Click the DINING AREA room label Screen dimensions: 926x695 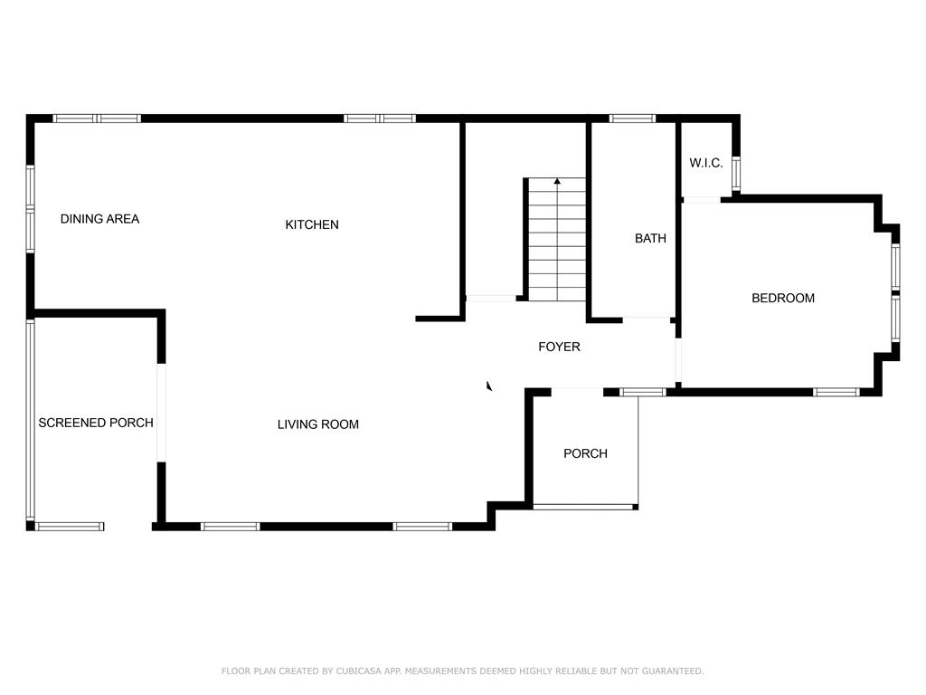pyautogui.click(x=99, y=219)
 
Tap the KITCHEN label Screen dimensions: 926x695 pyautogui.click(x=312, y=224)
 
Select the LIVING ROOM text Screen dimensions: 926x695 pyautogui.click(x=318, y=424)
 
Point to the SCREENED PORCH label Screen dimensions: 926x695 pyautogui.click(x=96, y=423)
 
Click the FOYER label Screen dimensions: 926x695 pyautogui.click(x=559, y=347)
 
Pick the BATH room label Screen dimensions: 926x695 pyautogui.click(x=650, y=238)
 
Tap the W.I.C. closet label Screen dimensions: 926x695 pyautogui.click(x=705, y=163)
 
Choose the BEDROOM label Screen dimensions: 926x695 pyautogui.click(x=783, y=298)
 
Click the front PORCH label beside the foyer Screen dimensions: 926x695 pyautogui.click(x=585, y=453)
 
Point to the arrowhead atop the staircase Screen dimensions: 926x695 pyautogui.click(x=557, y=181)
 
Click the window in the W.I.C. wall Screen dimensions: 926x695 pyautogui.click(x=736, y=173)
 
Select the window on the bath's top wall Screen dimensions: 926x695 pyautogui.click(x=632, y=119)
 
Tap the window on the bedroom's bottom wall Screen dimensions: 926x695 pyautogui.click(x=836, y=392)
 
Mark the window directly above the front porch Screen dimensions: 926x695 pyautogui.click(x=643, y=392)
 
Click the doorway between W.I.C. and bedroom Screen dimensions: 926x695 pyautogui.click(x=702, y=200)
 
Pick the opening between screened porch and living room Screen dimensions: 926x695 pyautogui.click(x=161, y=412)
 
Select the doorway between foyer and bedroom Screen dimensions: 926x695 pyautogui.click(x=678, y=360)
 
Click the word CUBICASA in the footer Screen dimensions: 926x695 pyautogui.click(x=358, y=671)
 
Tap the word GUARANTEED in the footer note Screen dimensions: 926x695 pyautogui.click(x=673, y=671)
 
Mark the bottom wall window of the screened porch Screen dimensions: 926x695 pyautogui.click(x=70, y=526)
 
